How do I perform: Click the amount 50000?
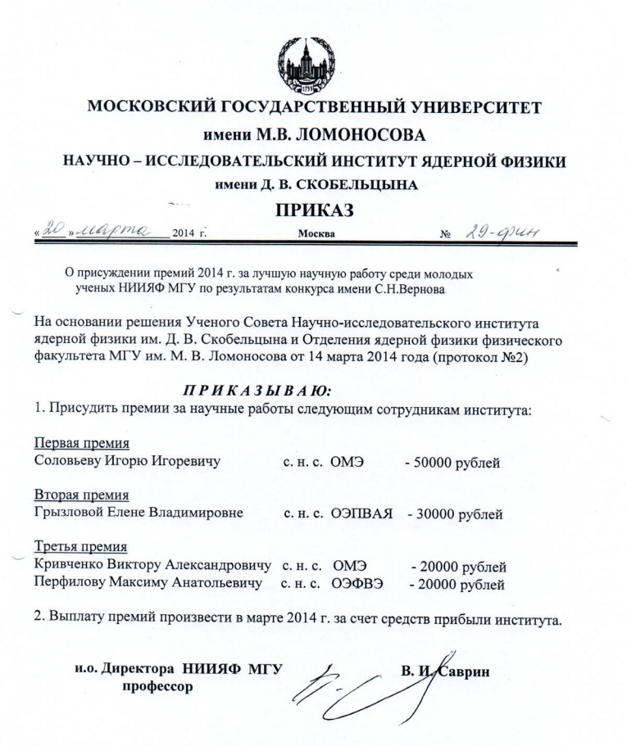coord(432,463)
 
